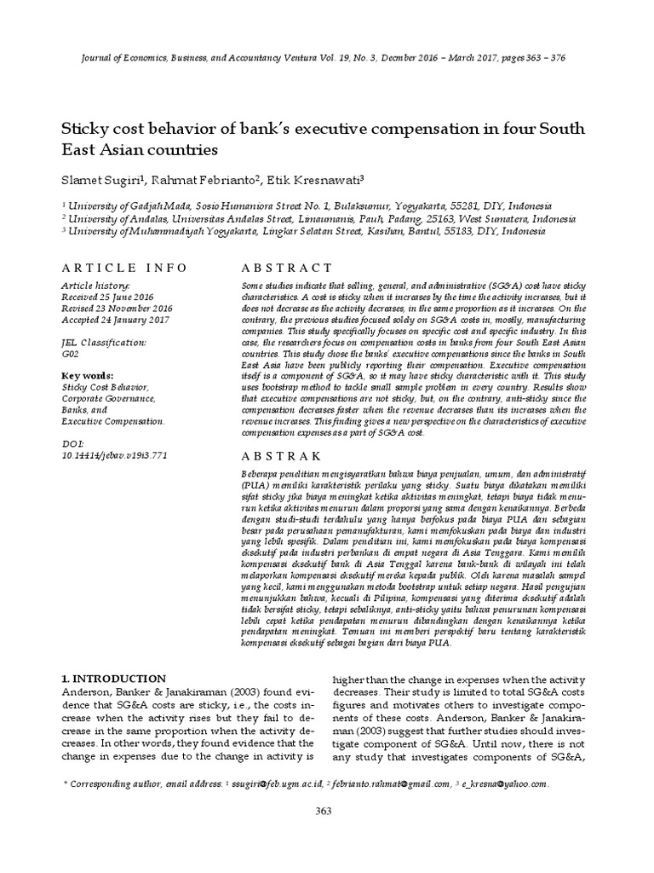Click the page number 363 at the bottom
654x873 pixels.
(323, 811)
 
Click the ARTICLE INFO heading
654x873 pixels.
(124, 268)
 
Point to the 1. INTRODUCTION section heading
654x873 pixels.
(113, 679)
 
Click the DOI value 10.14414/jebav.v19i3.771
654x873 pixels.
(115, 455)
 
